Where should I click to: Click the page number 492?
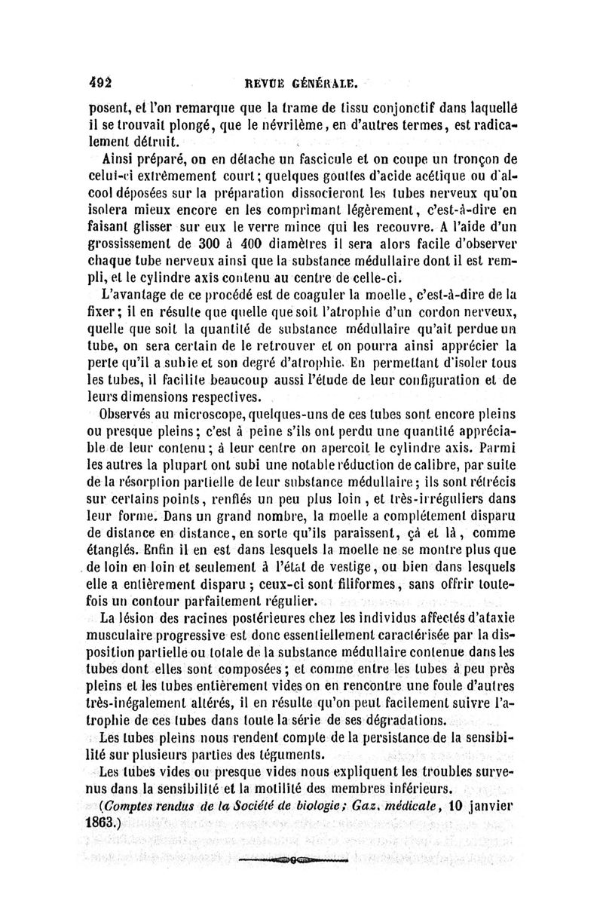click(99, 75)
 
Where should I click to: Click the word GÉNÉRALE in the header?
click(329, 76)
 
